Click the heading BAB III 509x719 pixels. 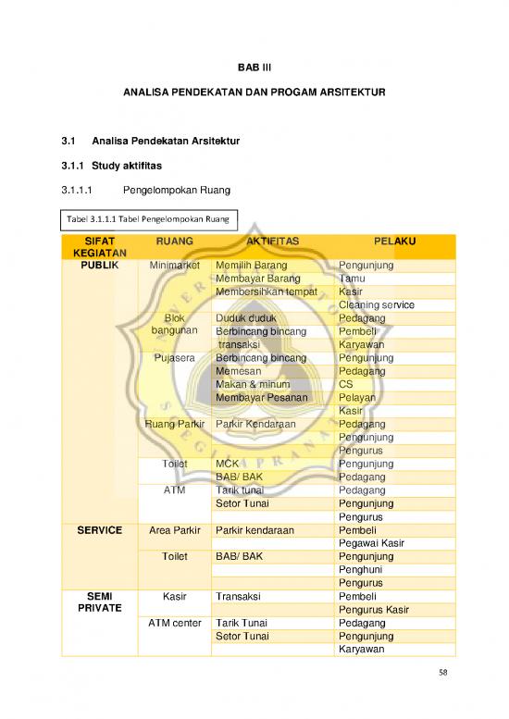coord(254,67)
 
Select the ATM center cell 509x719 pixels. coord(174,623)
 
